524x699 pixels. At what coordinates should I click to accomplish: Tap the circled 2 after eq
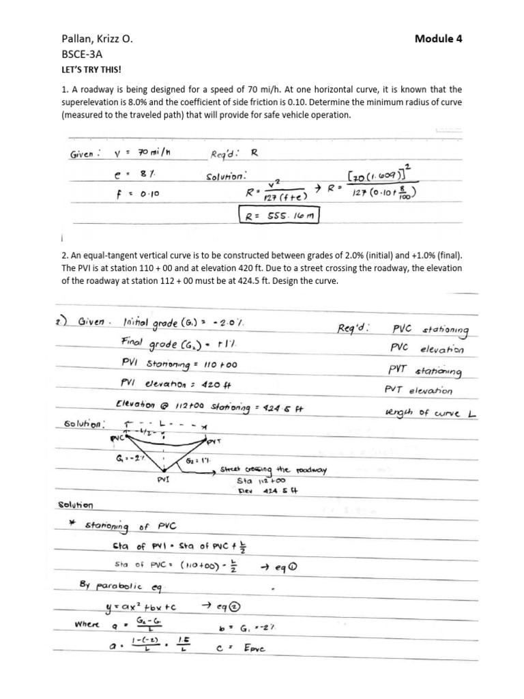(x=236, y=609)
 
